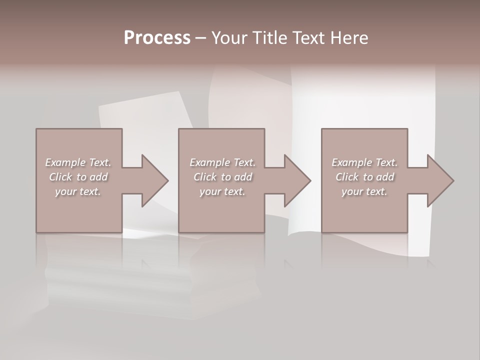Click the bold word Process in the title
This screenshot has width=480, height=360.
click(157, 38)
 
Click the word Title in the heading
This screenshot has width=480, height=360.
click(270, 38)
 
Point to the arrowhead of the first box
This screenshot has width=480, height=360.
click(155, 180)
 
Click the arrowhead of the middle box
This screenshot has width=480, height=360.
click(297, 180)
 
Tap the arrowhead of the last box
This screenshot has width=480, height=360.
click(440, 180)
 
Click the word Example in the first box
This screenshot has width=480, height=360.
click(65, 162)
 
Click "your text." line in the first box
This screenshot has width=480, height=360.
click(78, 191)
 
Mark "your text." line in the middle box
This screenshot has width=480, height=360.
click(222, 191)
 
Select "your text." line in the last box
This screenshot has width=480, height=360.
click(364, 191)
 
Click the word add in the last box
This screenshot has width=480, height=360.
click(385, 177)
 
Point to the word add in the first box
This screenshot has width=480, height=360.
click(99, 177)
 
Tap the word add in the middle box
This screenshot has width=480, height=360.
click(243, 177)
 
